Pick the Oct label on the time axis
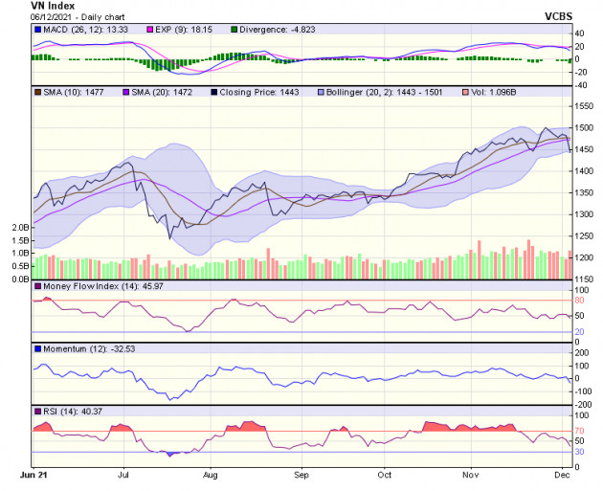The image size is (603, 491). click(384, 474)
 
